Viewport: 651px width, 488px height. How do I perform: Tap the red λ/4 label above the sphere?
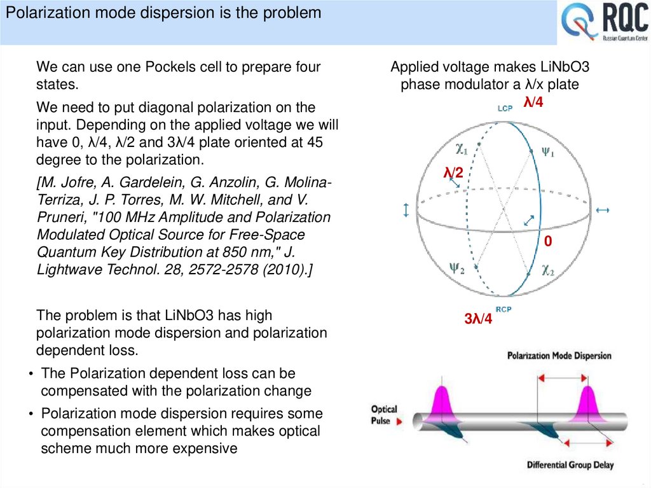tap(533, 101)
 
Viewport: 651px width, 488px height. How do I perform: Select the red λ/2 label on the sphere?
tap(453, 172)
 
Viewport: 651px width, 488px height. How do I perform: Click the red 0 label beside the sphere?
tap(548, 242)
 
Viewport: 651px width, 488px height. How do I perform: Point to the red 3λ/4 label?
tap(478, 319)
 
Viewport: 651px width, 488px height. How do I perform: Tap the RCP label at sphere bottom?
tap(504, 310)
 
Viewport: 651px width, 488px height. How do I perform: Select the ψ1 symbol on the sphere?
tap(549, 153)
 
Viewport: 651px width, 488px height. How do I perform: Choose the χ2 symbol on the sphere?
tap(548, 270)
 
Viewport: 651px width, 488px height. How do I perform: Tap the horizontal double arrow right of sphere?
tap(603, 210)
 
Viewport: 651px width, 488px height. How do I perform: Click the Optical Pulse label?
tap(383, 415)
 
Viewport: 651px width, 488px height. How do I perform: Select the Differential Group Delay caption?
tap(570, 465)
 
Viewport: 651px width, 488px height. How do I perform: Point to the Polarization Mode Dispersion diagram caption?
tap(559, 356)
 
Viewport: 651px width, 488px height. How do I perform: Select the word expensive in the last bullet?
tap(206, 448)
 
